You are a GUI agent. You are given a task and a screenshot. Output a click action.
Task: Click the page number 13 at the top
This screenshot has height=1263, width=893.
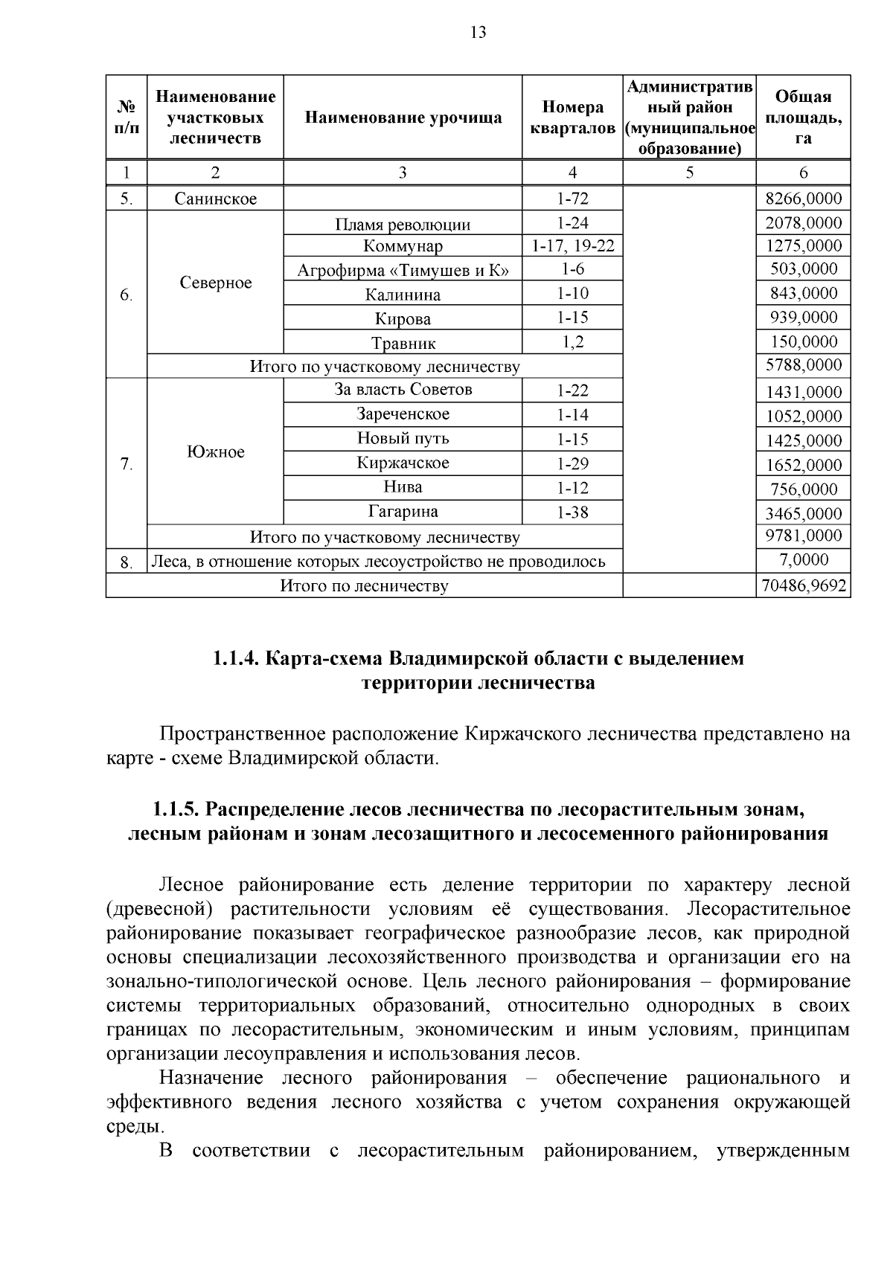pyautogui.click(x=478, y=32)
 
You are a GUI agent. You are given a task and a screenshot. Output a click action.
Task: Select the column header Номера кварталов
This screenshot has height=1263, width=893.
pyautogui.click(x=572, y=118)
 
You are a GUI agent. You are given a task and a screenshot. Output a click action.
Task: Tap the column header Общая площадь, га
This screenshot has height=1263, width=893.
pyautogui.click(x=803, y=118)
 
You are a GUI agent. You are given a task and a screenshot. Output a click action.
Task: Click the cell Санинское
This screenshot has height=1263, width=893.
pyautogui.click(x=216, y=199)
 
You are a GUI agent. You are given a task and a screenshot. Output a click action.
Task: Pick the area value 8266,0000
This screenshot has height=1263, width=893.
pyautogui.click(x=804, y=199)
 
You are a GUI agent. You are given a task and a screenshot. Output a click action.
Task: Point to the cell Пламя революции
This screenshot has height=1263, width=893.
pyautogui.click(x=403, y=225)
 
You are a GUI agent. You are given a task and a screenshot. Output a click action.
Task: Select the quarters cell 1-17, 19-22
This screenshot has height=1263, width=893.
pyautogui.click(x=572, y=245)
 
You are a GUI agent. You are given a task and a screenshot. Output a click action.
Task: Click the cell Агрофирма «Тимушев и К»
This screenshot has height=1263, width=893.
pyautogui.click(x=403, y=270)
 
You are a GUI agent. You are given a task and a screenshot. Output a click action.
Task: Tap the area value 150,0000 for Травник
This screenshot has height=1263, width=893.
pyautogui.click(x=804, y=342)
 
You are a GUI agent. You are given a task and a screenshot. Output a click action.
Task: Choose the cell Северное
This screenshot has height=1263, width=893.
pyautogui.click(x=216, y=283)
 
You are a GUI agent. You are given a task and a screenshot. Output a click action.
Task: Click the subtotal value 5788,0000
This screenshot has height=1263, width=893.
pyautogui.click(x=804, y=365)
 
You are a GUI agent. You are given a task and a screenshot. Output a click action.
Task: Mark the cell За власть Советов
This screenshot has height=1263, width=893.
pyautogui.click(x=403, y=390)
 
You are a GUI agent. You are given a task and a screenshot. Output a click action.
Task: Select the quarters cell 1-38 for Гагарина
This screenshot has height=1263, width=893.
pyautogui.click(x=572, y=512)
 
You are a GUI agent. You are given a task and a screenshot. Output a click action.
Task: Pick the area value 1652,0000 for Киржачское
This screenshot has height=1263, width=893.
pyautogui.click(x=804, y=466)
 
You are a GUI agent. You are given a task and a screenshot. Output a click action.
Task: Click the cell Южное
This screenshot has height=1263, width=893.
pyautogui.click(x=216, y=452)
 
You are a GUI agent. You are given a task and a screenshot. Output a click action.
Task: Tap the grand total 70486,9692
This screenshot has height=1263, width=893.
pyautogui.click(x=804, y=586)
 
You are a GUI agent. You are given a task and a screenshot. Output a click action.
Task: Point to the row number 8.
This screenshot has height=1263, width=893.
pyautogui.click(x=126, y=562)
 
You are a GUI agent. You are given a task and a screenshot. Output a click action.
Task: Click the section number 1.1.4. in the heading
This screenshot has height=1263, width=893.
pyautogui.click(x=235, y=658)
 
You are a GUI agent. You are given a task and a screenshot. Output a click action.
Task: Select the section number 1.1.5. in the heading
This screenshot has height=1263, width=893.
pyautogui.click(x=176, y=809)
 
